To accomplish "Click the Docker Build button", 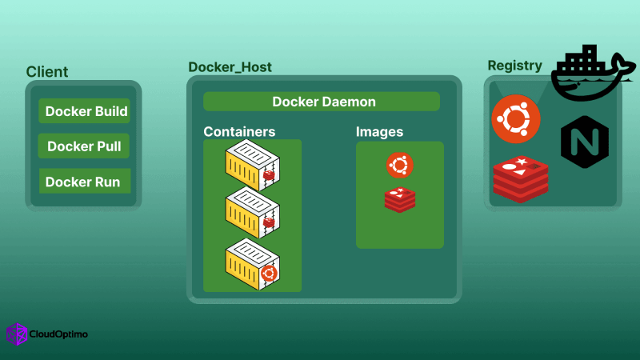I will pyautogui.click(x=85, y=111).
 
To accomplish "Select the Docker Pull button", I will pyautogui.click(x=83, y=146).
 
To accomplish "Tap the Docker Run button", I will pyautogui.click(x=83, y=182).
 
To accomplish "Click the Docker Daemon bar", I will pyautogui.click(x=322, y=102).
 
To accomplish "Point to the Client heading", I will pyautogui.click(x=47, y=72).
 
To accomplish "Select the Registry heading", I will pyautogui.click(x=514, y=66).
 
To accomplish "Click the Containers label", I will pyautogui.click(x=239, y=131).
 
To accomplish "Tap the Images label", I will pyautogui.click(x=379, y=131).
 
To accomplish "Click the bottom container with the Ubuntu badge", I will pyautogui.click(x=251, y=262).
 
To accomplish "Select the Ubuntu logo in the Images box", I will pyautogui.click(x=399, y=165).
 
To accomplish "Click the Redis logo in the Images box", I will pyautogui.click(x=399, y=199).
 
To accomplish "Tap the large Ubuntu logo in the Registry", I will pyautogui.click(x=516, y=118).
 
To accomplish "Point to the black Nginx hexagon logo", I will pyautogui.click(x=584, y=142).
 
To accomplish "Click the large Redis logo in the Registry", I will pyautogui.click(x=519, y=179).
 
